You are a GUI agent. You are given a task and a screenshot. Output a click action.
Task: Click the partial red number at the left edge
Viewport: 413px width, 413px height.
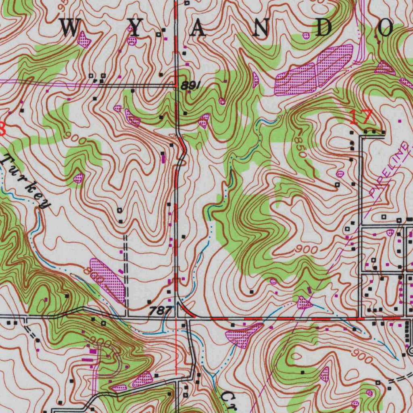(x=2, y=129)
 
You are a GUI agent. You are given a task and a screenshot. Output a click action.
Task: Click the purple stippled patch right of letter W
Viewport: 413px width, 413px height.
(x=84, y=40)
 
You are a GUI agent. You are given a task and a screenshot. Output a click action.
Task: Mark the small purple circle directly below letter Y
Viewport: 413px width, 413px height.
(x=132, y=41)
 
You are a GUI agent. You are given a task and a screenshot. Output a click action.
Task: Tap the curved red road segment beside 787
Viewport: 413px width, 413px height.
(x=187, y=311)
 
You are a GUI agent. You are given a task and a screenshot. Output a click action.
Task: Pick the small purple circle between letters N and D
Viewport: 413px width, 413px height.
(x=306, y=35)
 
